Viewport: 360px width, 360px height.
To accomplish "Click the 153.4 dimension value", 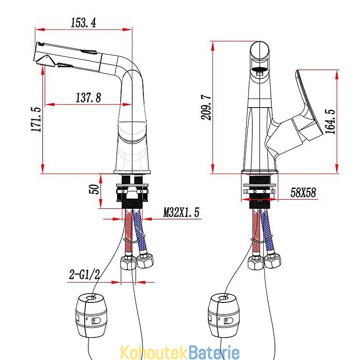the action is point(83,23).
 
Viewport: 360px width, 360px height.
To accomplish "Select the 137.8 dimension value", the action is point(88,97).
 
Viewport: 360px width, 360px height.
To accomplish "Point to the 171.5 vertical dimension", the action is point(36,119).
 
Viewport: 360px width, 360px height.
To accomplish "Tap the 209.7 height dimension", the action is point(206,107).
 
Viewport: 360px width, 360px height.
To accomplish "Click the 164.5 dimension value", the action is point(330,121).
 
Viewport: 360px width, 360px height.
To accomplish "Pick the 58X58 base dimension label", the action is point(303,193).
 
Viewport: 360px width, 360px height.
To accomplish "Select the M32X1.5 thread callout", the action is point(181,212).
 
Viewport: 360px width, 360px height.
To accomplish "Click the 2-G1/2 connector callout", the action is point(85,274).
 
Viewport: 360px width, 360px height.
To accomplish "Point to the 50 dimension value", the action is point(94,189).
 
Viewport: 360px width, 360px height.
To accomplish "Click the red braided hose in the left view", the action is point(129,232).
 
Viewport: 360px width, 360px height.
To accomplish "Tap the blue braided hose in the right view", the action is point(267,231).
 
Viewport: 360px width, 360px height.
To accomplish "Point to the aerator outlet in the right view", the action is point(259,69).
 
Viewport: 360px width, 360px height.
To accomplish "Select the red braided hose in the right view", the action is point(256,232).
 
